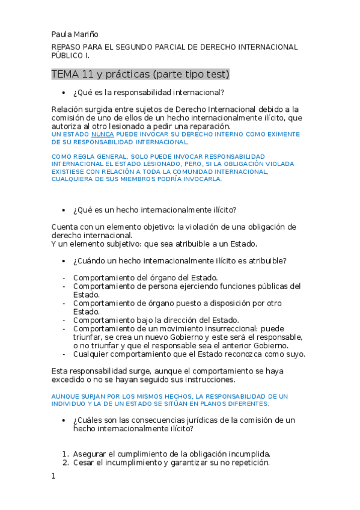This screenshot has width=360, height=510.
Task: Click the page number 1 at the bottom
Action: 53,476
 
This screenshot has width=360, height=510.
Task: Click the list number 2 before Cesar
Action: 66,463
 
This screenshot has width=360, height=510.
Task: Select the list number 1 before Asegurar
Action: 66,454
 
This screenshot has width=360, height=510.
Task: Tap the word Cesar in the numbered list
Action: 84,463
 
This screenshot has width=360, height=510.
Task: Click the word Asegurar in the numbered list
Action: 91,454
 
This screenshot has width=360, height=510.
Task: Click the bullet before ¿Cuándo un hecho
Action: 64,261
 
